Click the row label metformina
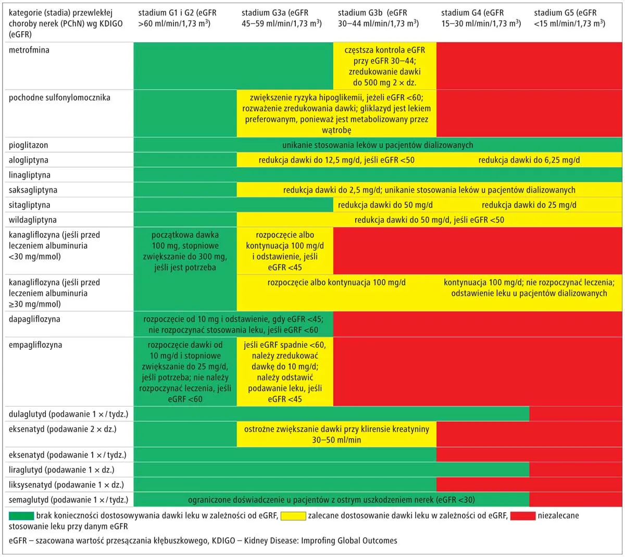click(x=29, y=50)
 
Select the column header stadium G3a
click(x=281, y=18)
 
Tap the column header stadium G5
click(x=569, y=18)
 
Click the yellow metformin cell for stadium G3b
click(x=384, y=66)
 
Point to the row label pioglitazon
click(x=28, y=145)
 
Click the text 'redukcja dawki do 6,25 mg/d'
click(x=529, y=160)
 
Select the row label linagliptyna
click(x=29, y=175)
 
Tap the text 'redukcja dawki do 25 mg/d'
click(x=529, y=205)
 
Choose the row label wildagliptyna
click(x=32, y=220)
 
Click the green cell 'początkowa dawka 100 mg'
click(x=185, y=251)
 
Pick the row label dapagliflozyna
click(x=34, y=319)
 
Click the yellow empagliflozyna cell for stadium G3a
click(x=285, y=372)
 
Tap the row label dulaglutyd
click(x=68, y=415)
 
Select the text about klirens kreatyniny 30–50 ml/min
click(x=336, y=435)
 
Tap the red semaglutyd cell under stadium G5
click(x=576, y=500)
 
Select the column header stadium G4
click(x=480, y=18)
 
